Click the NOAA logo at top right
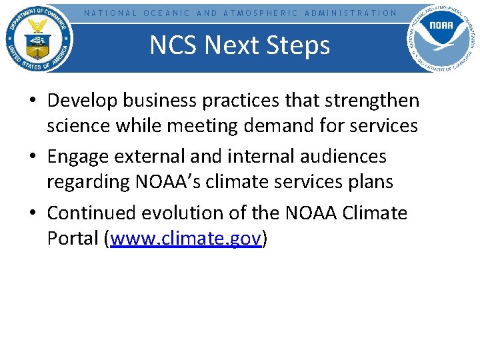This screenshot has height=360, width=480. [441, 39]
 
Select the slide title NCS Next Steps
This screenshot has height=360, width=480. [239, 45]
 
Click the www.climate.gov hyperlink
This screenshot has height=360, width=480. [185, 239]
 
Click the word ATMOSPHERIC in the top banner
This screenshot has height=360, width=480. [260, 13]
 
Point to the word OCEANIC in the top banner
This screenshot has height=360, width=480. [167, 13]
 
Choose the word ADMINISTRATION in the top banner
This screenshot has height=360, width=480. [350, 13]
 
